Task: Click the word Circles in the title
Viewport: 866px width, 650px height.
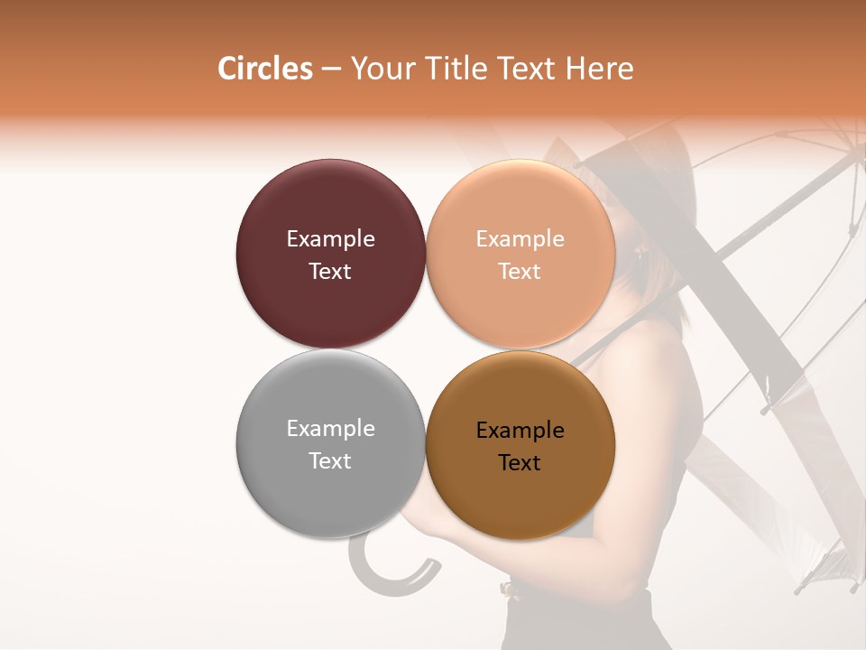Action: point(264,69)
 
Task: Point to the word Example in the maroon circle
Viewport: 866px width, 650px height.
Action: point(330,238)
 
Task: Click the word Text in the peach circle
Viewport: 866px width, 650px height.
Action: point(520,271)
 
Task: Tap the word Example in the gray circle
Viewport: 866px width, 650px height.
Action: point(330,428)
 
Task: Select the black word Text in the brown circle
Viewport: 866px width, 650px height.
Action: point(520,462)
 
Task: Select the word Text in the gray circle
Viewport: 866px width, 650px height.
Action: point(330,460)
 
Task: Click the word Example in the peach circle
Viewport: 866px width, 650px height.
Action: point(520,238)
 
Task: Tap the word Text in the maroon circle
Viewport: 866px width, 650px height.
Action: point(330,271)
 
